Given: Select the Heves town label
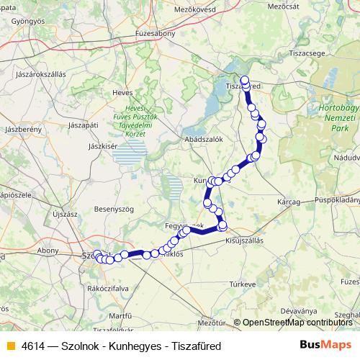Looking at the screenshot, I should click(x=122, y=92).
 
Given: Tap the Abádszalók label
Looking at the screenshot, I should click(x=204, y=139).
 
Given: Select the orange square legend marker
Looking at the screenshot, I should click(x=10, y=346).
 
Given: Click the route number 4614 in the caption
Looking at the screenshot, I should click(x=34, y=346).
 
